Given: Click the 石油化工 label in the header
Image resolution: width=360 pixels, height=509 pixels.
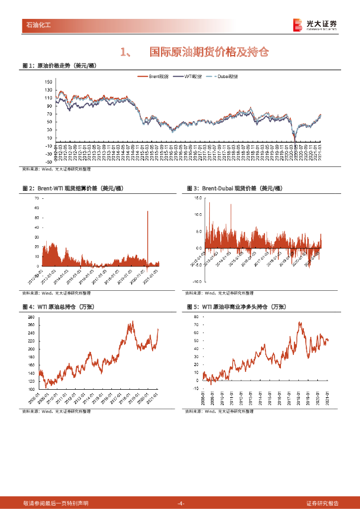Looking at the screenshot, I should click(x=38, y=24).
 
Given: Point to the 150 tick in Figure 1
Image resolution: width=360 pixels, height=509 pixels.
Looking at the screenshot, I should click(x=48, y=82).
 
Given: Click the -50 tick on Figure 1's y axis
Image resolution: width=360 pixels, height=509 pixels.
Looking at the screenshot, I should click(x=48, y=162).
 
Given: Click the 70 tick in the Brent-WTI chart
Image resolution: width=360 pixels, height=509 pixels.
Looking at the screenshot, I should click(x=37, y=198).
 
